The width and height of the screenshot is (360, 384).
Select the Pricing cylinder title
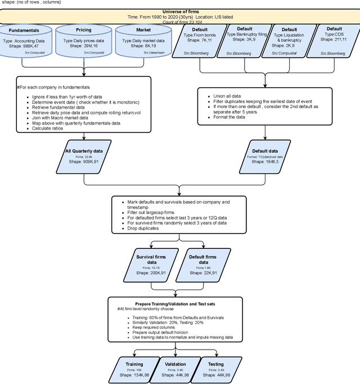pos(83,29)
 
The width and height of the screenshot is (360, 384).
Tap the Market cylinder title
pos(136,29)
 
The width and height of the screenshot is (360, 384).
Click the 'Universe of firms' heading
pos(180,11)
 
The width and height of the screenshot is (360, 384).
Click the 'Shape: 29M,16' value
pos(84,46)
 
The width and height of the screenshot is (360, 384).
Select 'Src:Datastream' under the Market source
pos(143,52)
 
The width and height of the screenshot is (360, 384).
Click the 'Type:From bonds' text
pos(200,34)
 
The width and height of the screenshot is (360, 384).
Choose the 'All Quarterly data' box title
pos(84,150)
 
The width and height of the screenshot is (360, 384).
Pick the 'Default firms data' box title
pos(202,260)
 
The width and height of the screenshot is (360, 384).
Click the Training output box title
pos(134,364)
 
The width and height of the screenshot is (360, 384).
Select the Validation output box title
pos(175,364)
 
